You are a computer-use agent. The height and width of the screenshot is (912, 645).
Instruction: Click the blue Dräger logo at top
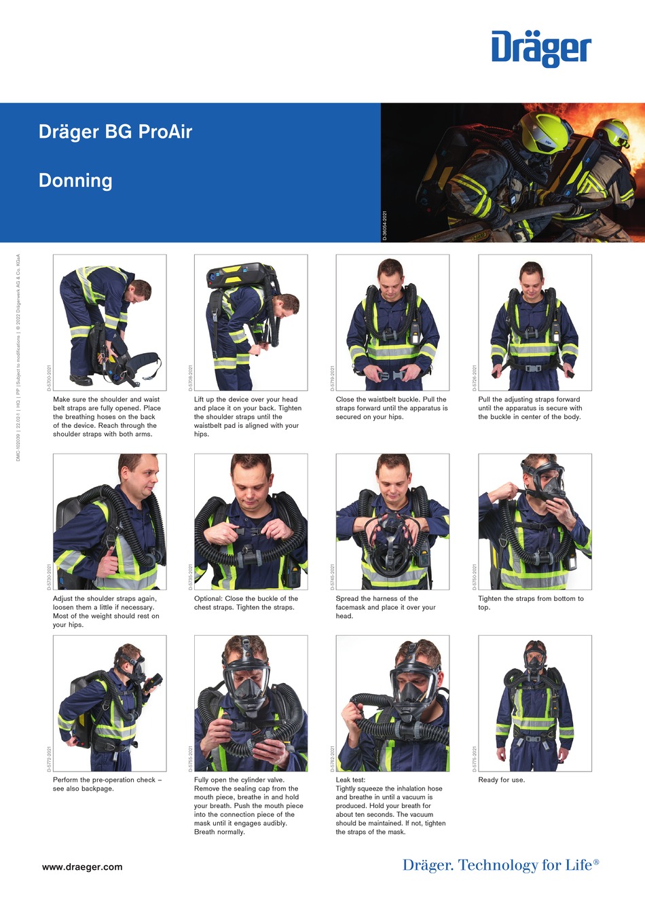[541, 49]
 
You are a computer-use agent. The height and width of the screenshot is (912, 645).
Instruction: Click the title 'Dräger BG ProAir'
[115, 131]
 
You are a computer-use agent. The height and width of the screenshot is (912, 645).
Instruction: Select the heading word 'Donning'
[75, 181]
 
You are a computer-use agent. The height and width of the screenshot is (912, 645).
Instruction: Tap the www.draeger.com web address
[82, 867]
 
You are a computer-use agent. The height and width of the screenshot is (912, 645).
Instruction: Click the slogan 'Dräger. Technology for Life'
[500, 865]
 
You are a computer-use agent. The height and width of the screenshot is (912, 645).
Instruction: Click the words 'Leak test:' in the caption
[350, 780]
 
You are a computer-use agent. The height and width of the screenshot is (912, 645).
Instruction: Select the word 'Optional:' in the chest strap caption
[208, 598]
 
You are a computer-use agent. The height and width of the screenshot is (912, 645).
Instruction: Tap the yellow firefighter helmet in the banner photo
[540, 132]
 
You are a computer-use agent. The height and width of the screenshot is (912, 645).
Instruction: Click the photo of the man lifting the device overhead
[251, 321]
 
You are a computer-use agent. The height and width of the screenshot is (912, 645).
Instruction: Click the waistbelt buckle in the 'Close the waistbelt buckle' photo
[392, 374]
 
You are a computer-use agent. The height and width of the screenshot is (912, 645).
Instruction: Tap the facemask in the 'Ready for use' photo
[534, 657]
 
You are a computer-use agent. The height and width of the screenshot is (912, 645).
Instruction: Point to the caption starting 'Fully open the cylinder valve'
[248, 805]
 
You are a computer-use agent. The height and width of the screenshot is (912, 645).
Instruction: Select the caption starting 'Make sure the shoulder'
[107, 416]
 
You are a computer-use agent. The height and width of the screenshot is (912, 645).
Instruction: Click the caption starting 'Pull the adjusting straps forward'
[530, 407]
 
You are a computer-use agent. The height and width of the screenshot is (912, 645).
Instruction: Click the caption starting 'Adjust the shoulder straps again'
[106, 611]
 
